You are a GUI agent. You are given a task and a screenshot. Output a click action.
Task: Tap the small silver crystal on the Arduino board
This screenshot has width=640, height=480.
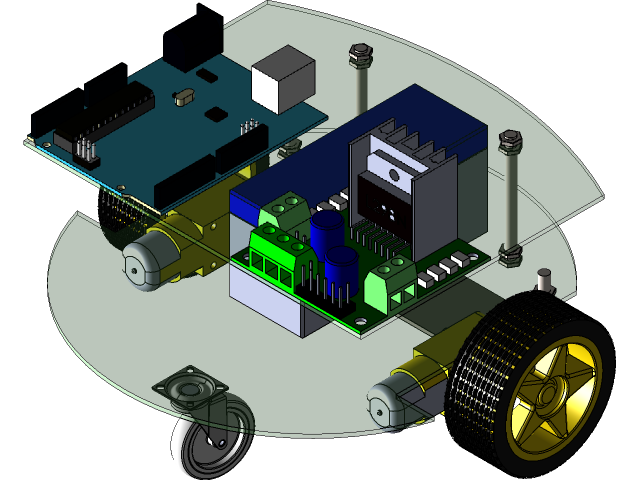click(x=183, y=97)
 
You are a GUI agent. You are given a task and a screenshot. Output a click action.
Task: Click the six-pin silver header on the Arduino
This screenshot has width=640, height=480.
click(x=85, y=149)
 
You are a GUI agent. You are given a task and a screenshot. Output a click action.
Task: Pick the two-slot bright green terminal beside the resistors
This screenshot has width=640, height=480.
click(x=390, y=284)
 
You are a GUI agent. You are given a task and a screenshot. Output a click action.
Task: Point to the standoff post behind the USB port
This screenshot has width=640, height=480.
click(x=359, y=80)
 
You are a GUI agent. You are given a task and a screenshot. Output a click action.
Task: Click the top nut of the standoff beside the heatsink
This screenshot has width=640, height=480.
click(x=510, y=140)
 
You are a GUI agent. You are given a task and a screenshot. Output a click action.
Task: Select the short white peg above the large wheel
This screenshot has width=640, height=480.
click(x=545, y=280)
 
